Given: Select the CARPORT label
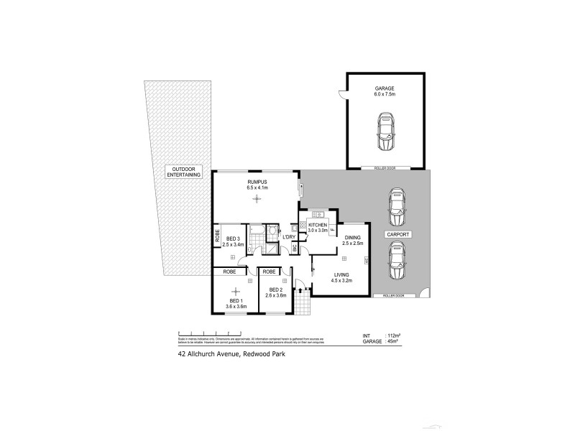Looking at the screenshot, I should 397,235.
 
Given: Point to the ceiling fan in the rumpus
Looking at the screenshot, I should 257,199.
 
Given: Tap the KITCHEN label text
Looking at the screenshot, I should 318,226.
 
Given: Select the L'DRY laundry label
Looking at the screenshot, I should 290,237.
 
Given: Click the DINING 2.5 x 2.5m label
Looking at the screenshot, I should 352,241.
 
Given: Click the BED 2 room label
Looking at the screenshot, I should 275,292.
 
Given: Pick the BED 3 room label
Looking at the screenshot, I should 233,241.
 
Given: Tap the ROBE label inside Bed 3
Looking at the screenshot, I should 216,236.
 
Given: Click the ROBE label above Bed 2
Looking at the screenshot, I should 270,272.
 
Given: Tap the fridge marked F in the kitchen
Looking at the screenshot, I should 332,230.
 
